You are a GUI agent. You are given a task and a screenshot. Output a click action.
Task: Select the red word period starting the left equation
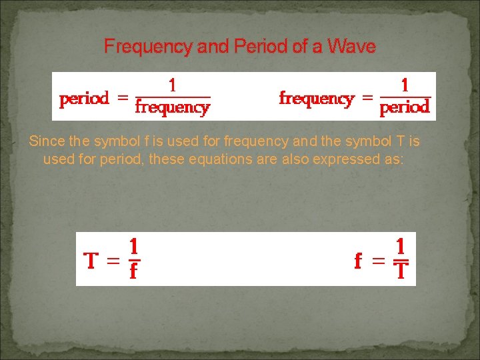click(84, 99)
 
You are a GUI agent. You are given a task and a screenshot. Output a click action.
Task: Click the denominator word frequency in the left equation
click(173, 107)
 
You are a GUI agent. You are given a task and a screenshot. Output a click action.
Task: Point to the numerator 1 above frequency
click(173, 85)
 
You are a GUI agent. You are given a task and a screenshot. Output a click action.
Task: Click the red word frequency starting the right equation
click(316, 99)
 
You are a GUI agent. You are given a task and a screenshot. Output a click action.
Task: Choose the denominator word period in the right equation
click(405, 107)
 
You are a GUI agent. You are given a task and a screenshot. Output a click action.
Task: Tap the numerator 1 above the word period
click(405, 85)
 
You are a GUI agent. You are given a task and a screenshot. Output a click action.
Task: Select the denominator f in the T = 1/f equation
click(133, 271)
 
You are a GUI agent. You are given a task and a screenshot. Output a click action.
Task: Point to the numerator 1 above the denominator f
click(134, 245)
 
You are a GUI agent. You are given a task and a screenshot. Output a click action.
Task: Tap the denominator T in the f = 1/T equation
click(401, 271)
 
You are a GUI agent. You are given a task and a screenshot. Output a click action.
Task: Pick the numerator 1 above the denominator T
click(402, 245)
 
